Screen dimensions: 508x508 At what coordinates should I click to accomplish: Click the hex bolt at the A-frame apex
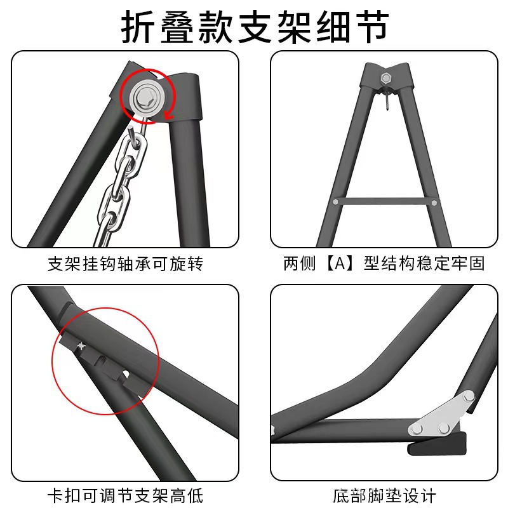(x=385, y=79)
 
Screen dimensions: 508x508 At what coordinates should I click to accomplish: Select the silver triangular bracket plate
(x=444, y=416)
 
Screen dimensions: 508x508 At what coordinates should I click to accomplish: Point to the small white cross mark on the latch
(x=81, y=345)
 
